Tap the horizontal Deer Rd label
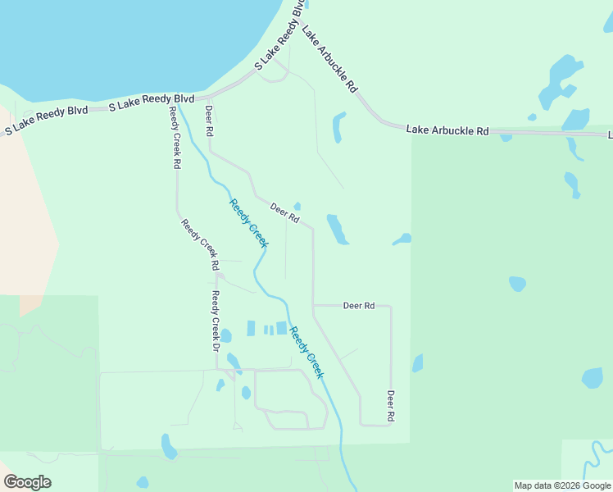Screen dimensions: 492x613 (x=359, y=305)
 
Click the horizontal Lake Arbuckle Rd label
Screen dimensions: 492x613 (x=447, y=130)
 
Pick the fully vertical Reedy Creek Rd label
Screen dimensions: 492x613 (x=175, y=137)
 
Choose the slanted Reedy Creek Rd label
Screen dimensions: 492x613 (x=200, y=244)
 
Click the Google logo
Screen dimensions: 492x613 (x=28, y=481)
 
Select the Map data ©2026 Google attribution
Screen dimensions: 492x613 (x=562, y=485)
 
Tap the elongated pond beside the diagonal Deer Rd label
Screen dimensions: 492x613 (x=337, y=230)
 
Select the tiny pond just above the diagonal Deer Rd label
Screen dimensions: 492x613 (x=297, y=206)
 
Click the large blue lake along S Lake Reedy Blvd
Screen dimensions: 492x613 (x=123, y=41)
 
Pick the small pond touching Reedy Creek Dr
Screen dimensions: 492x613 (x=225, y=335)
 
